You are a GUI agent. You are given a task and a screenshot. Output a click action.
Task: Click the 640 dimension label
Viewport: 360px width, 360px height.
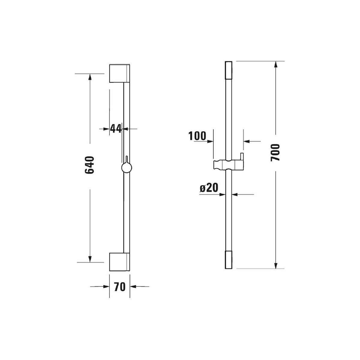point(89,165)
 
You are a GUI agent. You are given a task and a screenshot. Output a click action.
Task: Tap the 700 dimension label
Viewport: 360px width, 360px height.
point(275,152)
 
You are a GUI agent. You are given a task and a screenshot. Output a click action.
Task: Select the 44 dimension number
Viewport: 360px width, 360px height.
point(116,128)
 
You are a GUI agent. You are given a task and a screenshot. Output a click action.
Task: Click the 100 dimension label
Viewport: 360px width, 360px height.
point(197,136)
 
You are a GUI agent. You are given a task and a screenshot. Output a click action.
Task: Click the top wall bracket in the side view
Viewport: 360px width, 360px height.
point(119,73)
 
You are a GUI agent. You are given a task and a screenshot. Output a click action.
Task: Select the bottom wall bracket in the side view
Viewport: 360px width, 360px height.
point(119,262)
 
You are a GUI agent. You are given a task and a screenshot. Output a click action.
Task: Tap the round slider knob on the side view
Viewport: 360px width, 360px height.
point(127,168)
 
